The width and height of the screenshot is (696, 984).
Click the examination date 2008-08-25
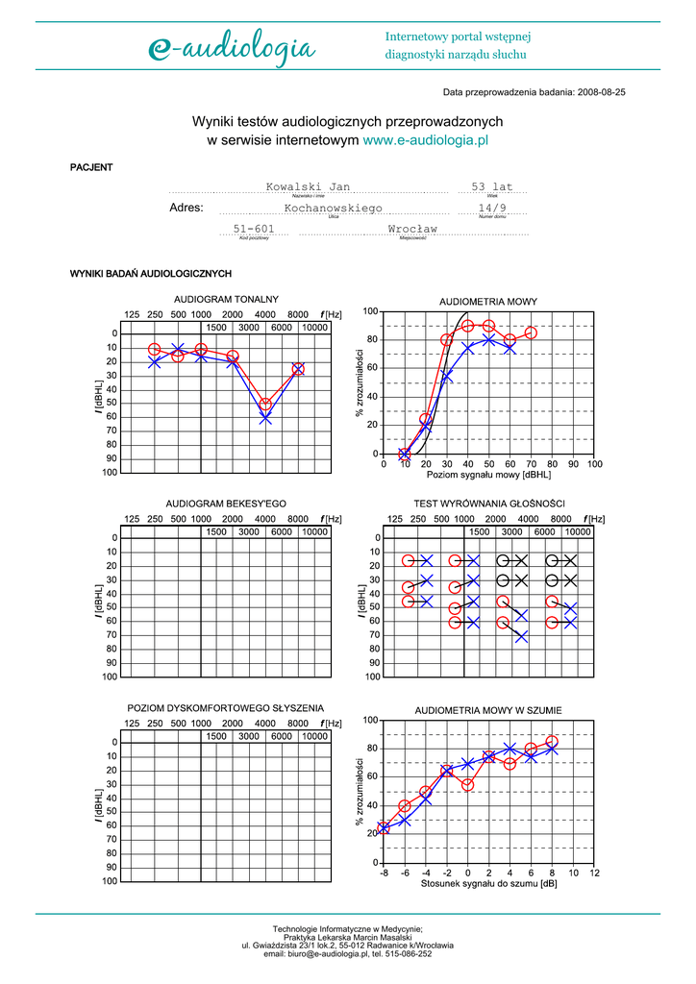click(x=602, y=93)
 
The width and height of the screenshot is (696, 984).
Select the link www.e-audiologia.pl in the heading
click(x=427, y=139)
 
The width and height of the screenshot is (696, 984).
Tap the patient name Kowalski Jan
click(x=308, y=186)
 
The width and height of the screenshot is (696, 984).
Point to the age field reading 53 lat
click(x=492, y=186)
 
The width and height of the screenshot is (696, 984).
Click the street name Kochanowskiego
click(x=334, y=208)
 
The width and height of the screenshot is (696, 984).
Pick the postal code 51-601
click(x=254, y=229)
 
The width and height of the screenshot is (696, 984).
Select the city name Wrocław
click(x=412, y=229)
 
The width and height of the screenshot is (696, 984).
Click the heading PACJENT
click(x=91, y=167)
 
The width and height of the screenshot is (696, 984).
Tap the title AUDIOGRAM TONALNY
click(x=226, y=299)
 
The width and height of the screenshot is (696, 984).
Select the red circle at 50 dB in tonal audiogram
click(x=265, y=405)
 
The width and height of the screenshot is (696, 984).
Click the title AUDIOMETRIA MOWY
click(x=488, y=302)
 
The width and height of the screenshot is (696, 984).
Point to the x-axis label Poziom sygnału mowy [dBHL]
click(x=488, y=475)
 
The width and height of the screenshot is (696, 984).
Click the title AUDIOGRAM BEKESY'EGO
click(x=226, y=504)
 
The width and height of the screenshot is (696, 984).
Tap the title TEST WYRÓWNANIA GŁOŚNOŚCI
click(x=488, y=504)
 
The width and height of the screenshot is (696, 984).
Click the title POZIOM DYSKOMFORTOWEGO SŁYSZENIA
click(x=226, y=708)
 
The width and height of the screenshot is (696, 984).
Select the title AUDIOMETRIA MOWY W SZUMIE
click(x=488, y=710)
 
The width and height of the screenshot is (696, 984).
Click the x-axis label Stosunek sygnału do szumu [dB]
click(x=488, y=883)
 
